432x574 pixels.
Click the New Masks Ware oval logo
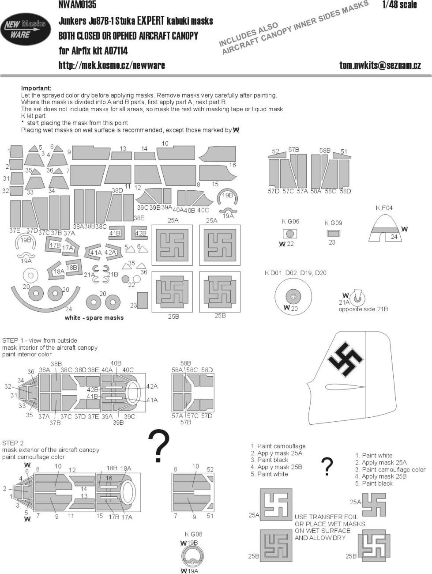(x=23, y=30)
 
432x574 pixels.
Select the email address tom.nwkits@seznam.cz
(x=380, y=65)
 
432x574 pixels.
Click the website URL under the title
(x=112, y=65)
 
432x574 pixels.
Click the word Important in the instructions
(x=36, y=88)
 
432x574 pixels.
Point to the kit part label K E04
(x=384, y=208)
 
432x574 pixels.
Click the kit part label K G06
(x=290, y=221)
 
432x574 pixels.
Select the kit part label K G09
(x=333, y=223)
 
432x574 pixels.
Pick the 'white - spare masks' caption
(x=94, y=317)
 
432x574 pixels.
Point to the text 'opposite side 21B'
(x=363, y=309)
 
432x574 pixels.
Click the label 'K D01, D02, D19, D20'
(x=296, y=273)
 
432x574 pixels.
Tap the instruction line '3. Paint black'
(x=269, y=460)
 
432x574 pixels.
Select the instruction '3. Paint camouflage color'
(x=390, y=470)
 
